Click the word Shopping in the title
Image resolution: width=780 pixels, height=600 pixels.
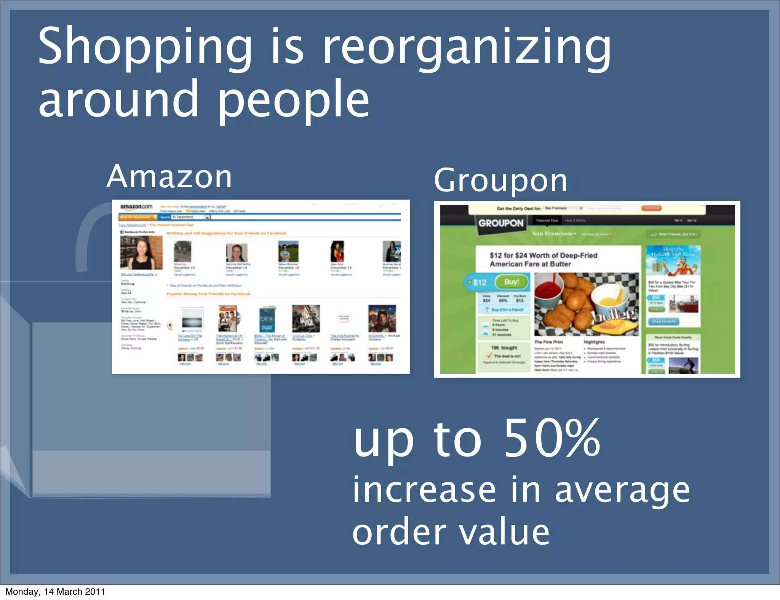coord(145,48)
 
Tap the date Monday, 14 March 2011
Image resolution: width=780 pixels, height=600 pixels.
coord(55,591)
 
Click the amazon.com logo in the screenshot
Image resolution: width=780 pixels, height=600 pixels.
coord(136,207)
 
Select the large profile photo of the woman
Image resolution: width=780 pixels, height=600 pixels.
coord(141,252)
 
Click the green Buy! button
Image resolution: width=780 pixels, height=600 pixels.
coord(511,282)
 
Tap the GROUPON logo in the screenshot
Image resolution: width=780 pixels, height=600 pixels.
coord(501,223)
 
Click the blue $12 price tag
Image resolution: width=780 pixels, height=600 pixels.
coord(479,282)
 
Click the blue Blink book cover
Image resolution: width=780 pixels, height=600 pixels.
coord(267,319)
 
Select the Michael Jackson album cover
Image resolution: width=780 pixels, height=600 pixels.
coord(382,318)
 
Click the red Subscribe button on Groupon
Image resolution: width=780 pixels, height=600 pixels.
coord(651,208)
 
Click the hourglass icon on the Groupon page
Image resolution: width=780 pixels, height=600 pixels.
coord(485,329)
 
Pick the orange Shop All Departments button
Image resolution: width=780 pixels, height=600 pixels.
coord(138,217)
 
